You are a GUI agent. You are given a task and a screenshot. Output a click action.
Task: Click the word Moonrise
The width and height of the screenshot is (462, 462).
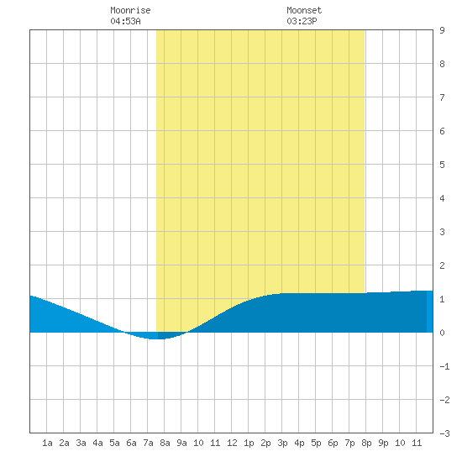coord(130,10)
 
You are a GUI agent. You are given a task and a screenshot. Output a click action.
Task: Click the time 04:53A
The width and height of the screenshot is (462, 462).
coord(125,21)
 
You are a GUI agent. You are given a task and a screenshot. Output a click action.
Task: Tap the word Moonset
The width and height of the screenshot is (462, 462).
coord(304,10)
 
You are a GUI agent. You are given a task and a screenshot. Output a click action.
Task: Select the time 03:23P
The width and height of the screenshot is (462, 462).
coord(302,21)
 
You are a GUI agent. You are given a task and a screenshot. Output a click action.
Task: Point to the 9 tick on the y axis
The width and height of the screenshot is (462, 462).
coord(442,30)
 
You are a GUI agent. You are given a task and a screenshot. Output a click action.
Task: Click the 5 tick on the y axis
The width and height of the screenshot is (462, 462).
coord(442,165)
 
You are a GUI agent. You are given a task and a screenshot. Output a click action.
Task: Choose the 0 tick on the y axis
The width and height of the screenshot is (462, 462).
coord(442,333)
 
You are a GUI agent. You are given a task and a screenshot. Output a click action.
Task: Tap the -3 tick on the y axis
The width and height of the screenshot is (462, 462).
coord(444,433)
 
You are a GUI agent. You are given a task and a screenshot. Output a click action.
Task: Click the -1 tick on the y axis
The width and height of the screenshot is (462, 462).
coord(444,366)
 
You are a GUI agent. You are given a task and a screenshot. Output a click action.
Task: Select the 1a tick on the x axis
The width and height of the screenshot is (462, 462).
coord(47,443)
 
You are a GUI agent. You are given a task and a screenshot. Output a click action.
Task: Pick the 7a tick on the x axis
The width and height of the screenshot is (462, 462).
coord(148,443)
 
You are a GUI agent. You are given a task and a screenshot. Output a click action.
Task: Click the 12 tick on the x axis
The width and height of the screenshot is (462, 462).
coord(232,443)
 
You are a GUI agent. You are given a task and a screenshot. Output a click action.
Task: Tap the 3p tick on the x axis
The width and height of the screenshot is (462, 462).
coord(282,443)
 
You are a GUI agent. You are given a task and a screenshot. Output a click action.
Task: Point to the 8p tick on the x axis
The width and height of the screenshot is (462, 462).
coord(366,443)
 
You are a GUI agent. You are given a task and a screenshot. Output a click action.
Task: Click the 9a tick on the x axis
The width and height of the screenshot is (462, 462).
coord(181,443)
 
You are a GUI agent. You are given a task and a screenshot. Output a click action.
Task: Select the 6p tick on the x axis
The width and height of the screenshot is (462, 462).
coord(333,443)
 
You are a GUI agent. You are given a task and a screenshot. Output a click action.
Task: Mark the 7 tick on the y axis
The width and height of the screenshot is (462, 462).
coord(442,97)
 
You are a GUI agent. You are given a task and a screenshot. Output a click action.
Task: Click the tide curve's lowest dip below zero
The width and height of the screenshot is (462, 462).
coord(155,339)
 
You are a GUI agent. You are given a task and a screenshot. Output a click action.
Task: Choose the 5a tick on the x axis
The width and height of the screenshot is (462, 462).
coord(114,443)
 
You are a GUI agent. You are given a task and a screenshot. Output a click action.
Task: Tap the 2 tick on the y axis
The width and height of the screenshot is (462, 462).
coord(442,265)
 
